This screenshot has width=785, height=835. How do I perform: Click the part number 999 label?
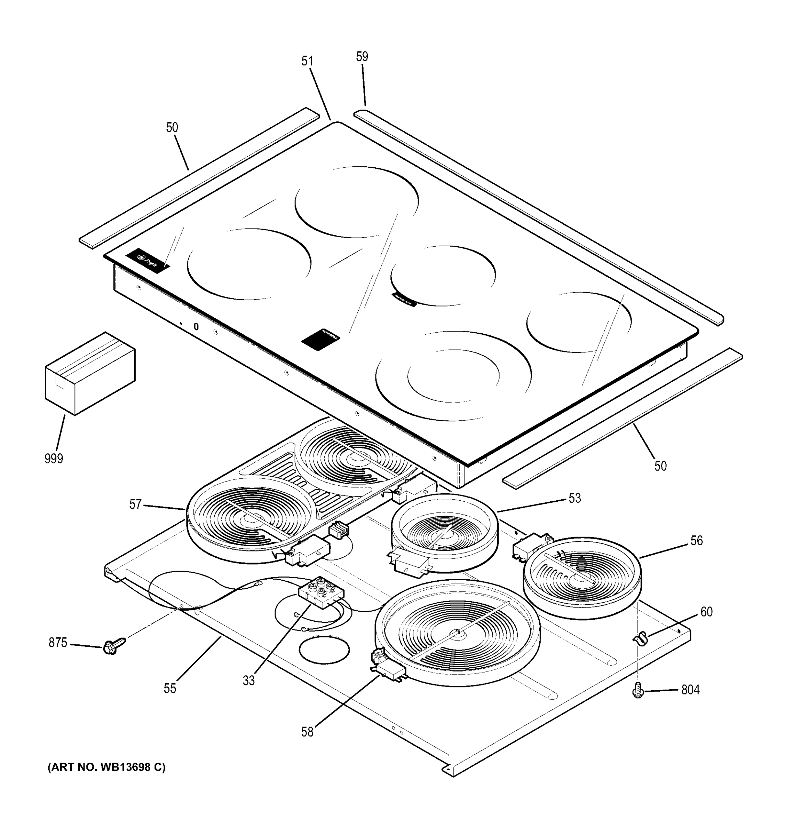coord(54,459)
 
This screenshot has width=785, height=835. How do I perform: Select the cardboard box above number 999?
coord(90,373)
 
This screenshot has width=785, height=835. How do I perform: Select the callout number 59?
coord(362,57)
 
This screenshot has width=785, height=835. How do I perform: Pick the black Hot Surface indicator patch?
coord(320,339)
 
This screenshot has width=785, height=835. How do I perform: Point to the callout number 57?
coord(135,504)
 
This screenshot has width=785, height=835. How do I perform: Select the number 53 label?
coord(574,498)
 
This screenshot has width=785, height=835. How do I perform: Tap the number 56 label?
coord(696,541)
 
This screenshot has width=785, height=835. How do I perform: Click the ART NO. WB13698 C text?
coord(106,768)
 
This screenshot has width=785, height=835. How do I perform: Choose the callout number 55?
coord(170,689)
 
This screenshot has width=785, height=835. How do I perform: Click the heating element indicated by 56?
coord(582,578)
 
